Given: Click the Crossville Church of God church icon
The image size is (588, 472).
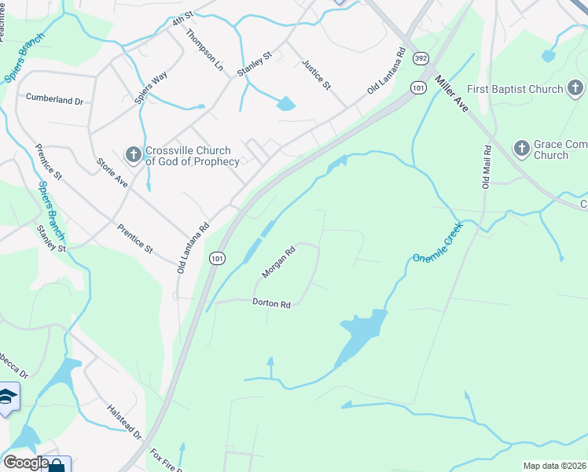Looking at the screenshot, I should pyautogui.click(x=134, y=155).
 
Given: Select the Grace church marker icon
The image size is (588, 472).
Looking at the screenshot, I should pyautogui.click(x=520, y=148).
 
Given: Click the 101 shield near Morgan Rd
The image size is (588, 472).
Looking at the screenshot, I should pyautogui.click(x=217, y=257).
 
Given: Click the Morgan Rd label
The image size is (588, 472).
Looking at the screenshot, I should pyautogui.click(x=278, y=263).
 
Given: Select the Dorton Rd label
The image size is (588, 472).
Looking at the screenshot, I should pyautogui.click(x=272, y=303).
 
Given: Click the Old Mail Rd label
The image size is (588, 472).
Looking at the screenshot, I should pyautogui.click(x=487, y=166).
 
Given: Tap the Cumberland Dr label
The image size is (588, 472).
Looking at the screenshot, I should pyautogui.click(x=54, y=100).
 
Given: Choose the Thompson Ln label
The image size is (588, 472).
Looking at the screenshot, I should pyautogui.click(x=204, y=51).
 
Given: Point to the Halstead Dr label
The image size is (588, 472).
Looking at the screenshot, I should pyautogui.click(x=125, y=421).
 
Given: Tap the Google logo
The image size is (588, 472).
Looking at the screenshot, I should pyautogui.click(x=25, y=463).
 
